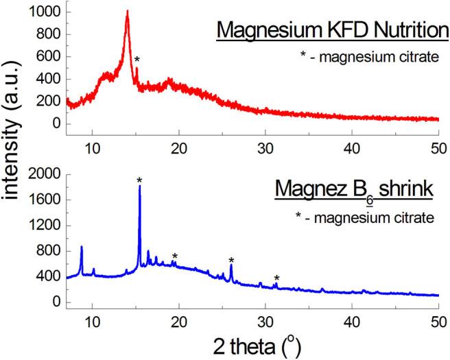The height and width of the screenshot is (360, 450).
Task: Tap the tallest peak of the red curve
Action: pyautogui.click(x=127, y=12)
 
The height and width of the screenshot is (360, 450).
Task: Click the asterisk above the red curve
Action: pyautogui.click(x=137, y=60)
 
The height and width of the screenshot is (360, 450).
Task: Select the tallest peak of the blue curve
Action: pyautogui.click(x=139, y=187)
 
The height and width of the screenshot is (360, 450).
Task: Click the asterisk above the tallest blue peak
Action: pyautogui.click(x=139, y=180)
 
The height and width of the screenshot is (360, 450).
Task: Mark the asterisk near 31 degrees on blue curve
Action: pyautogui.click(x=276, y=278)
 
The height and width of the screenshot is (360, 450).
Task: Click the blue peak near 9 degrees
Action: pyautogui.click(x=82, y=247)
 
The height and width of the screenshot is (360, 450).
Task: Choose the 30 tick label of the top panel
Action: pyautogui.click(x=265, y=146)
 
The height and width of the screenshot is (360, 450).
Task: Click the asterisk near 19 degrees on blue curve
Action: pyautogui.click(x=175, y=256)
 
